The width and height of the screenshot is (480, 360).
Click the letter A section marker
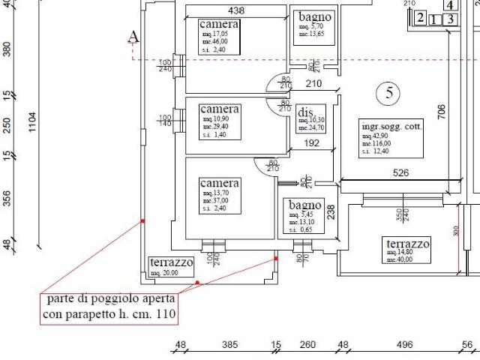133,37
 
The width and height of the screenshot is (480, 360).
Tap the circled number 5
388,93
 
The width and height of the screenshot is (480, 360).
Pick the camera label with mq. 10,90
219,109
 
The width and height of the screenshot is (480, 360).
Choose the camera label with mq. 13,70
219,184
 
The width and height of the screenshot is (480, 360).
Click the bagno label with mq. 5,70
315,16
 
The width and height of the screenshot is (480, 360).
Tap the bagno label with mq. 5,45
304,205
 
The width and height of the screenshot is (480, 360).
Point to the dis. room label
304,111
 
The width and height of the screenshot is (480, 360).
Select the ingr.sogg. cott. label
391,127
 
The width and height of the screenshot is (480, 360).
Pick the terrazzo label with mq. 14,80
407,244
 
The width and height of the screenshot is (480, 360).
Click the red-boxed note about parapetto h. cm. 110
109,307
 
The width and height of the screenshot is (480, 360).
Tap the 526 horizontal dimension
401,174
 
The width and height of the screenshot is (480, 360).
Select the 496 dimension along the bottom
404,345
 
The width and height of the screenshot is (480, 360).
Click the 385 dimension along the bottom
229,345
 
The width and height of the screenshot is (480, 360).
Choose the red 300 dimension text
455,232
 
